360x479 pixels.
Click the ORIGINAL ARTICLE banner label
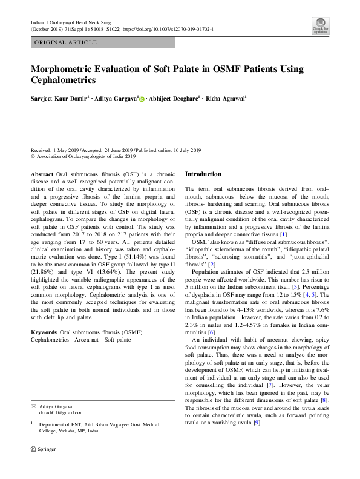point(65,42)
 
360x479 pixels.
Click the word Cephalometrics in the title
point(64,79)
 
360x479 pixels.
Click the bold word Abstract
point(42,174)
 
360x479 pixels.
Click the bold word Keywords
point(44,332)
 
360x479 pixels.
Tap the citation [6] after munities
point(213,332)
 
